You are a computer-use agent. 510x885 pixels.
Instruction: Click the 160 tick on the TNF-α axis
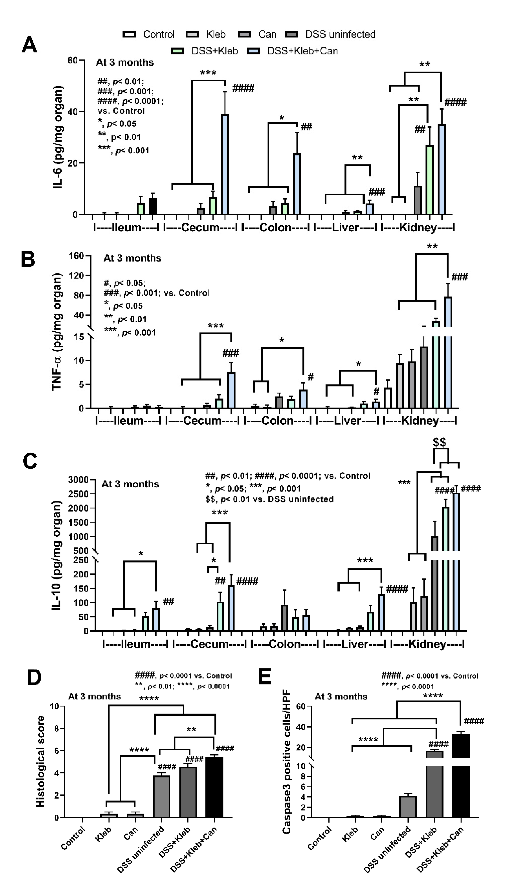point(76,256)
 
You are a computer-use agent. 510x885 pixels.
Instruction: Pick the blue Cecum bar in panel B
point(231,390)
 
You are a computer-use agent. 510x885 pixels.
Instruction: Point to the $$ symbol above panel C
point(440,442)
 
